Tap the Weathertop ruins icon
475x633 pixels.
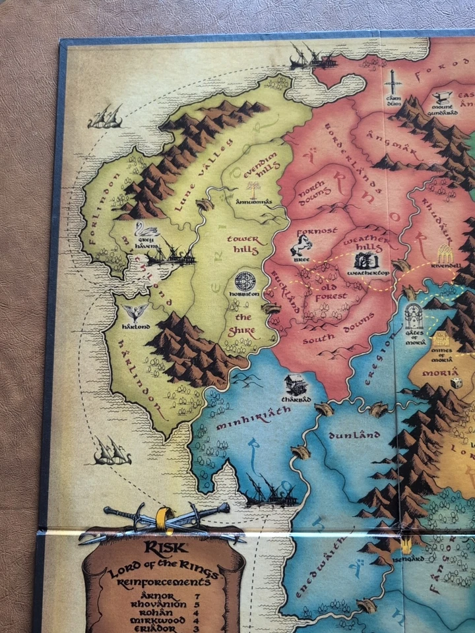pyautogui.click(x=367, y=259)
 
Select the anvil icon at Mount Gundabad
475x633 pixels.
pyautogui.click(x=443, y=96)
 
